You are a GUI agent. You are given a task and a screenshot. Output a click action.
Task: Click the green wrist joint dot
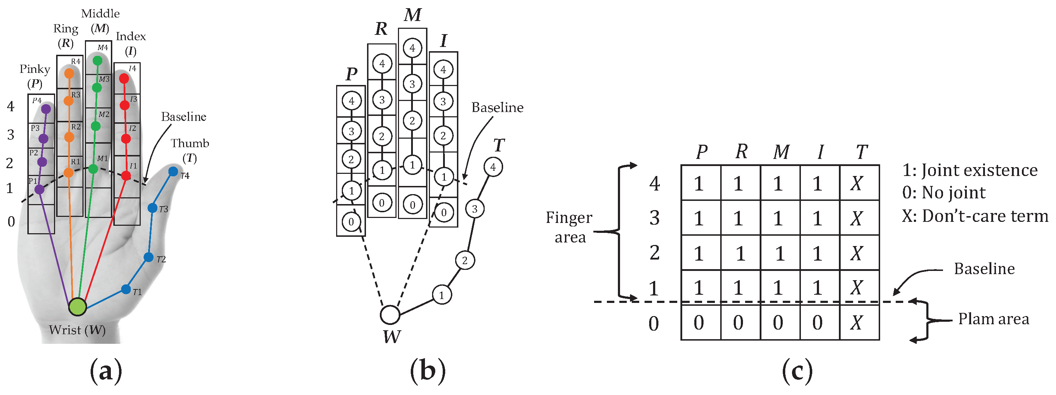pos(77,306)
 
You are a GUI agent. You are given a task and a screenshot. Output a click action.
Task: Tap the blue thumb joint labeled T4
pos(173,171)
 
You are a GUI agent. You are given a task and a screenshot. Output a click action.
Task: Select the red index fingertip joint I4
pos(124,78)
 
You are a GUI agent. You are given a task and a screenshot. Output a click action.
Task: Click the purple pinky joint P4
pos(46,109)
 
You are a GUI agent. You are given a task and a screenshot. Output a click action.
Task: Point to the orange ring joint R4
pos(69,74)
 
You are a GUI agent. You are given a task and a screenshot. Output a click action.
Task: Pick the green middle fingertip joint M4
pos(98,61)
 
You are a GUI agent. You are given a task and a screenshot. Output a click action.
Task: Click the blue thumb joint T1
pos(126,289)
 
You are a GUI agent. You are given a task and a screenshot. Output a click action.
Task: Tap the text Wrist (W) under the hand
pos(77,330)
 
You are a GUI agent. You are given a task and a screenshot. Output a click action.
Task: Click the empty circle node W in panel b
pos(389,315)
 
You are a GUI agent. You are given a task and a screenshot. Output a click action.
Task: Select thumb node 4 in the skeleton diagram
pos(493,167)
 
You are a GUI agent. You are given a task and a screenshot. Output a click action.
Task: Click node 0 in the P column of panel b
pos(351,222)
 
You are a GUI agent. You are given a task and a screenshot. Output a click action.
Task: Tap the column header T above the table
pos(861,152)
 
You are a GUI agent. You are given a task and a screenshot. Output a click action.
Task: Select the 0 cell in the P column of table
pos(699,323)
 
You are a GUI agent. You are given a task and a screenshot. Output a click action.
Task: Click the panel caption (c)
pos(797,371)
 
